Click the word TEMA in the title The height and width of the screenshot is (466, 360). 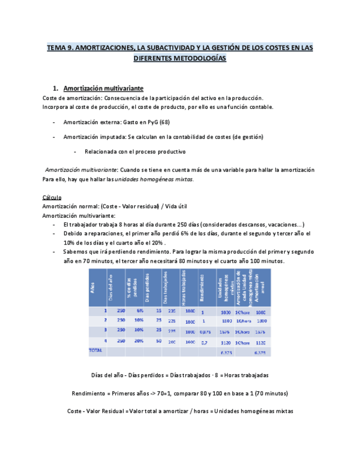[56, 48]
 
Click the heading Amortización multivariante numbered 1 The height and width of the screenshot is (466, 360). [103, 88]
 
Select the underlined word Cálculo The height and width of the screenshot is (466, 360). [52, 197]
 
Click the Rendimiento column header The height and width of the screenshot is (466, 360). [203, 286]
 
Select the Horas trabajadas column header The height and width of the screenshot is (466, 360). [184, 286]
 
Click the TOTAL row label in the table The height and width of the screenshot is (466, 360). [96, 349]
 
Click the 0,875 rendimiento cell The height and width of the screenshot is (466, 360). [204, 331]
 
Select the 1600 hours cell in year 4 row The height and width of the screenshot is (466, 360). [190, 341]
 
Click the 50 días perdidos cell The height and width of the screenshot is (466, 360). [158, 341]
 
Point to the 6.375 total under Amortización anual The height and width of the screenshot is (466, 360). [260, 352]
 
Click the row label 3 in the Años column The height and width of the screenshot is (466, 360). [105, 331]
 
